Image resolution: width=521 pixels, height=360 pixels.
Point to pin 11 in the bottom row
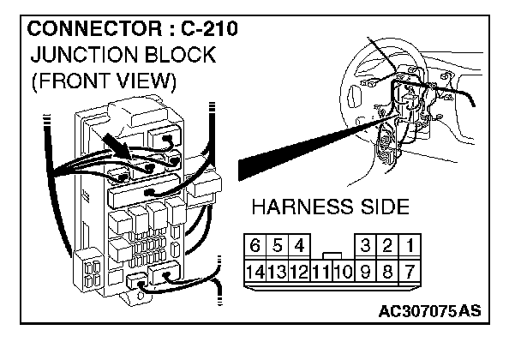[x=320, y=272]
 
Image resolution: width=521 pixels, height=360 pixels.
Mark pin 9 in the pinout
[x=365, y=272]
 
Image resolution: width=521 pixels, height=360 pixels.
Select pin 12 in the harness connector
[x=298, y=272]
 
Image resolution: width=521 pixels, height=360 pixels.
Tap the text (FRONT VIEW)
[x=103, y=82]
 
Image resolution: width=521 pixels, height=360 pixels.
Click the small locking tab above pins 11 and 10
[x=332, y=255]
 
